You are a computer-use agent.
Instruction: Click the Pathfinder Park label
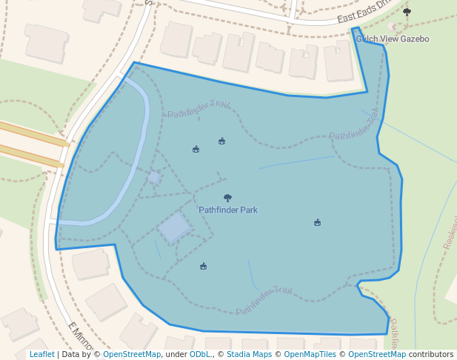[228, 210]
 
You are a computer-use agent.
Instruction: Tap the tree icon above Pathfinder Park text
[227, 198]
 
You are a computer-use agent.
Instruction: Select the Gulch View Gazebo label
[392, 39]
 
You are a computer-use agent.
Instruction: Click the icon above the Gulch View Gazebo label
[407, 12]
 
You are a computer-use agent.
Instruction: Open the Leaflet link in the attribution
[42, 355]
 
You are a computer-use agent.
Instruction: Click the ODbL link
[200, 355]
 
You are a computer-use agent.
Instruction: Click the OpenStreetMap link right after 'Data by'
[132, 355]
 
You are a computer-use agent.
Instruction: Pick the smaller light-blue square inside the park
[154, 177]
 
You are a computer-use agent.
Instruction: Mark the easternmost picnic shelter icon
[317, 222]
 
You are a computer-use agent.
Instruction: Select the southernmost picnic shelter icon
[203, 266]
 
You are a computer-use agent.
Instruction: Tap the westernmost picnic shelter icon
[196, 149]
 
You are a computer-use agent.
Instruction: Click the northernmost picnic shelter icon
[221, 141]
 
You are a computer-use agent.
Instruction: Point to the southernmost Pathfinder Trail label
[264, 301]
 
